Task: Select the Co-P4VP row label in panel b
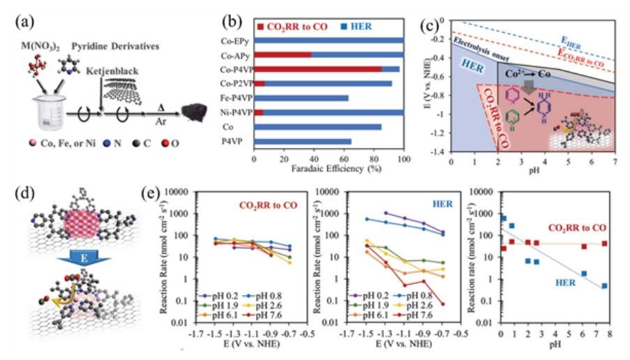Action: click(235, 69)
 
